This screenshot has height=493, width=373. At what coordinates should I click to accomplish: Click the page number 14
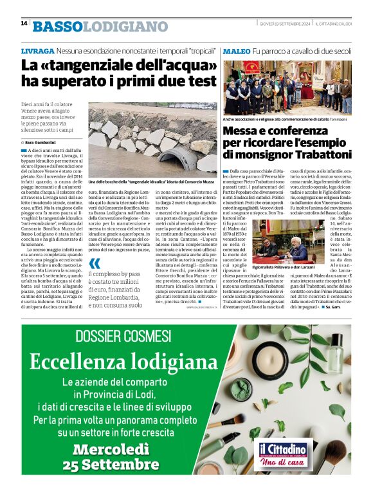(24, 23)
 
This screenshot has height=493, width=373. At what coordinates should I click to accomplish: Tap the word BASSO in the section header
(58, 26)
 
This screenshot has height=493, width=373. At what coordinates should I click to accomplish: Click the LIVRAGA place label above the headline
(37, 50)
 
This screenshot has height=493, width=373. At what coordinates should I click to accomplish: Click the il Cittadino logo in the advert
(283, 451)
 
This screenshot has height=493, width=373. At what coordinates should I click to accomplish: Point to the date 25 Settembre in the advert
(116, 464)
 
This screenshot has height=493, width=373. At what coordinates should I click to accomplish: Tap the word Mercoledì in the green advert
(116, 449)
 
